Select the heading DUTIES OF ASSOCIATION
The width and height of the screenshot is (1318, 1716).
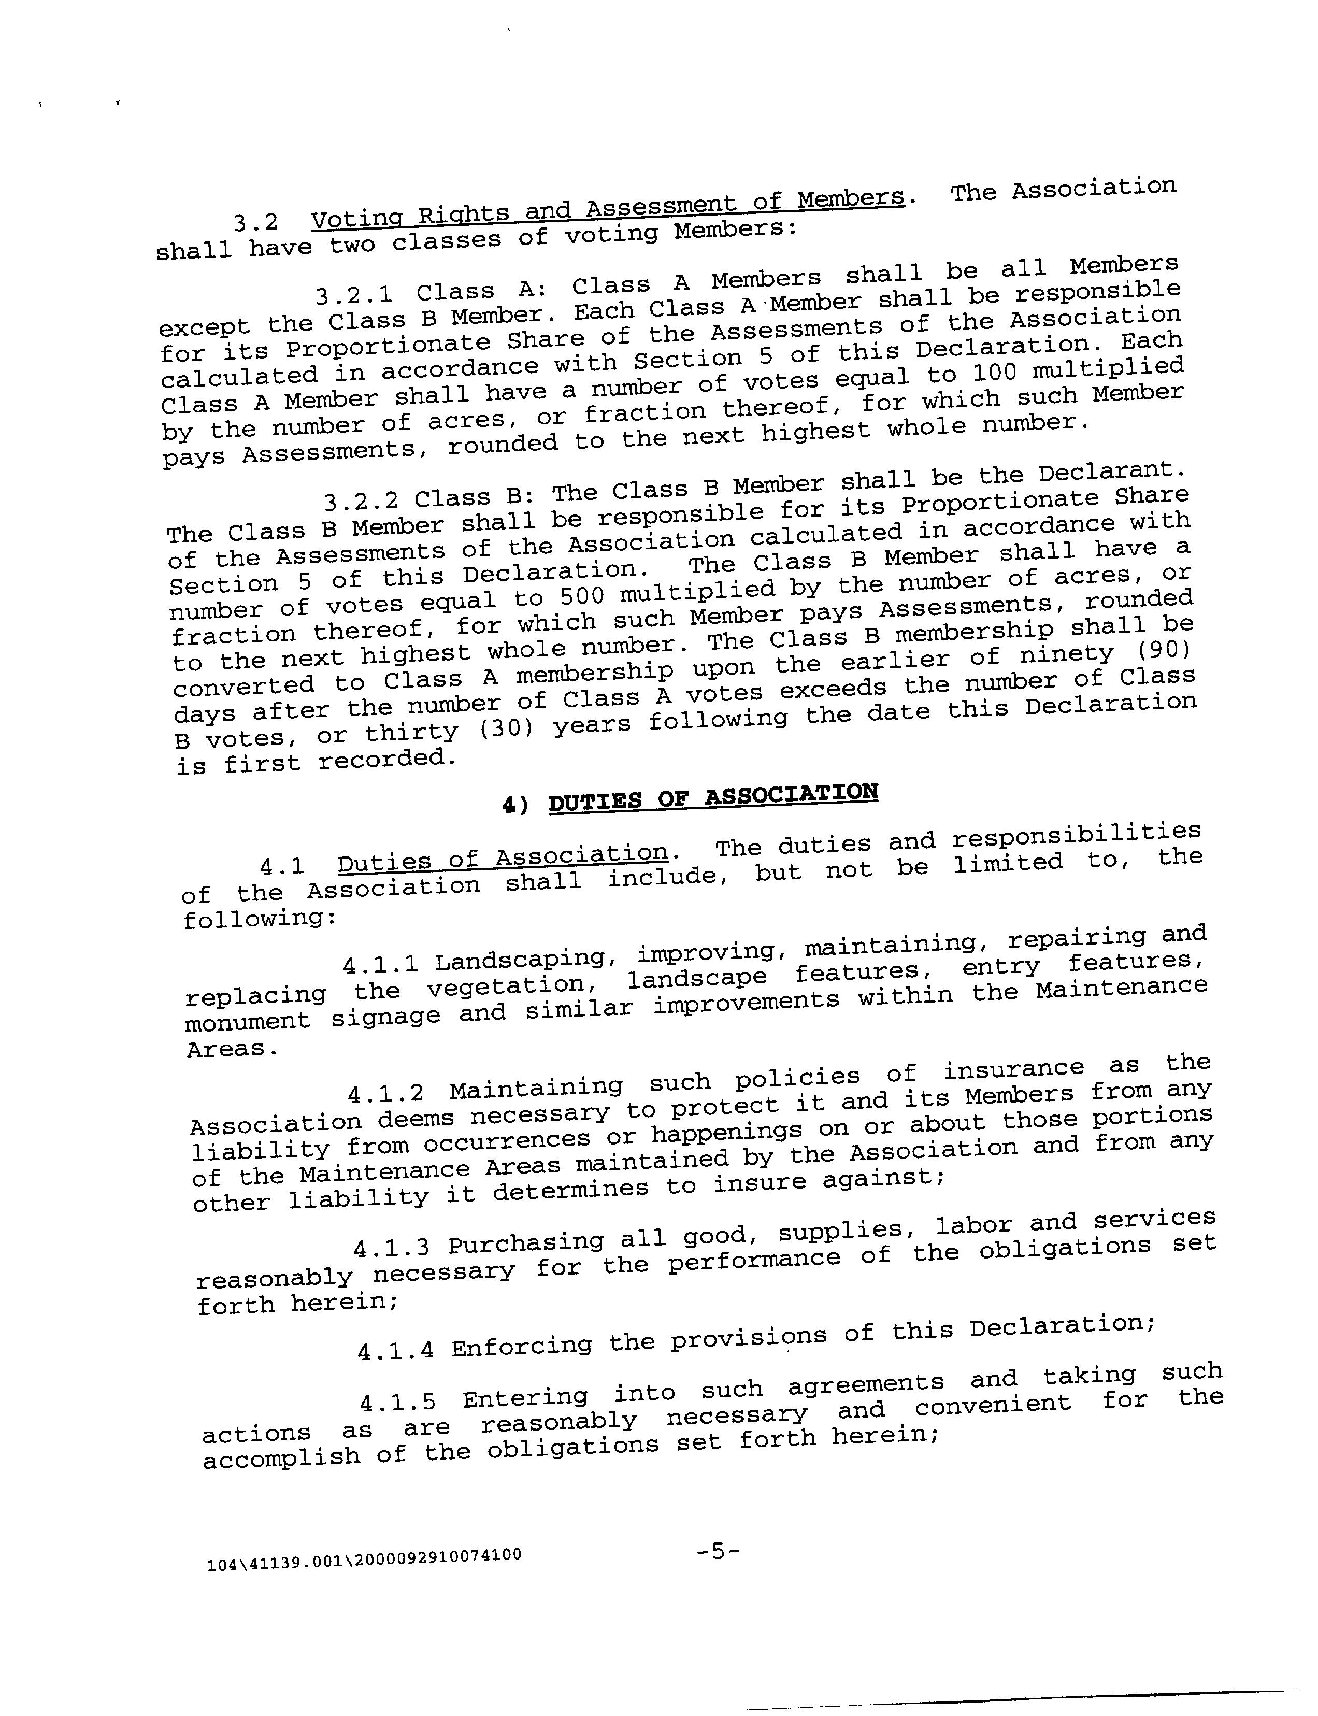click(712, 797)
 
